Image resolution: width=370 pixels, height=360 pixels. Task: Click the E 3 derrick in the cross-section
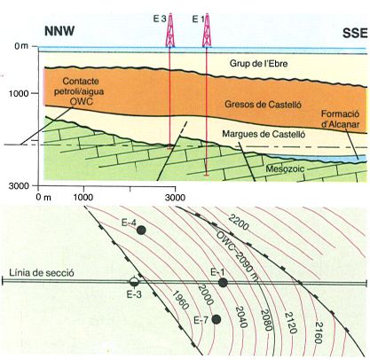point(170,31)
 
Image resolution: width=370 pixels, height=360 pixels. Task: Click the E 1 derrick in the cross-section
point(207,31)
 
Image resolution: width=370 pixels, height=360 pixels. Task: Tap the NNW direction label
point(59,31)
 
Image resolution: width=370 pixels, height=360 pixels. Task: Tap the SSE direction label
point(355,34)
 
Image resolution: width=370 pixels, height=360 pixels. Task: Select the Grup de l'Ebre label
point(258,63)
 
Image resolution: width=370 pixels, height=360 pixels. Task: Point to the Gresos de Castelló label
point(263,105)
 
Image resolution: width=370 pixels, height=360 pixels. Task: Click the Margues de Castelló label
point(264,134)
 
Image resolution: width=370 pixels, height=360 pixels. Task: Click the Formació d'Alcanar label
point(341,119)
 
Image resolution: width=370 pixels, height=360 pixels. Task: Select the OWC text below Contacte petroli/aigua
point(82,101)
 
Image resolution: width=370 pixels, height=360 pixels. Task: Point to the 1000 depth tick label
point(19,93)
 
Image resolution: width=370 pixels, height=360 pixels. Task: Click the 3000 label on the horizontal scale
point(175,197)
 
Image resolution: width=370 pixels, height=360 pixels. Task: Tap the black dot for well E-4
point(141,231)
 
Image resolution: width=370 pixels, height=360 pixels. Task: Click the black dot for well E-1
point(223,283)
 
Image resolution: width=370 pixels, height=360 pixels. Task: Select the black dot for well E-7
point(216,319)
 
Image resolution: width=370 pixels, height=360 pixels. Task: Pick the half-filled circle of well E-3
point(134,282)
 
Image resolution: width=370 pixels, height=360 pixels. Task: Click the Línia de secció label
point(42,272)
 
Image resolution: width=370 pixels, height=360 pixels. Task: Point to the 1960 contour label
point(180,300)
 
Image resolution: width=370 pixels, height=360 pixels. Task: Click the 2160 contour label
point(319,333)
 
